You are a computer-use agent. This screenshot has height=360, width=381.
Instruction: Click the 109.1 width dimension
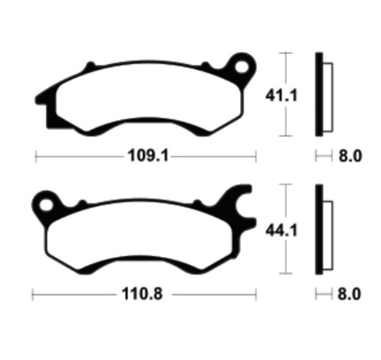coord(148,155)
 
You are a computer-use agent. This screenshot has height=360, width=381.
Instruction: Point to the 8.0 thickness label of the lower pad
coord(351,294)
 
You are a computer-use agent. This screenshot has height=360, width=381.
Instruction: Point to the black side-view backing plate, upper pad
coord(319,94)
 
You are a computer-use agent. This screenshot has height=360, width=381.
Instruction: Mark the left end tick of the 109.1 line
coord(36,156)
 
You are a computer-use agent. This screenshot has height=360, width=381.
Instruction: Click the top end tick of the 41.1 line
coord(285,52)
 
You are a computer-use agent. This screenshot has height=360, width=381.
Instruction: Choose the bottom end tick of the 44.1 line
coord(285,274)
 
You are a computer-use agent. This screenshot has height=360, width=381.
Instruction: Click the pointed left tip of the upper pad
coord(38,100)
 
